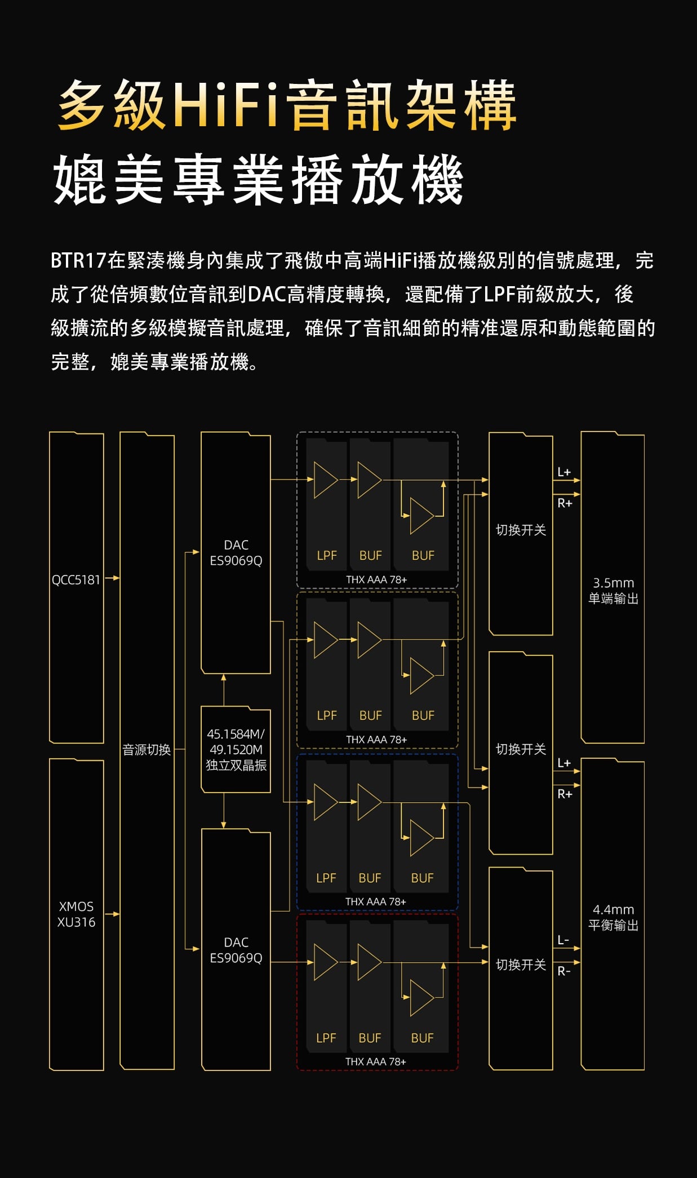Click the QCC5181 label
tap(76, 580)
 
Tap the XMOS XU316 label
tap(76, 914)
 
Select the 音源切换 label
tap(146, 749)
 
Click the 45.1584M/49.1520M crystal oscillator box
tap(236, 749)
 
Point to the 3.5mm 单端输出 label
tap(613, 590)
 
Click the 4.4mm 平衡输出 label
tap(613, 917)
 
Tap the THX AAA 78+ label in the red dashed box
tap(375, 1061)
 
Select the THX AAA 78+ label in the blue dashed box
tap(375, 901)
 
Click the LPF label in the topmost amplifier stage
tap(327, 555)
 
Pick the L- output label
tap(563, 940)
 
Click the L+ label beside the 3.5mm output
tap(564, 472)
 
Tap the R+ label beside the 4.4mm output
tap(565, 794)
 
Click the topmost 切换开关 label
tap(521, 530)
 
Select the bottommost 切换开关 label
tap(521, 965)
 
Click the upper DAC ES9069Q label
tap(236, 553)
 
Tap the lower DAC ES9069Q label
tap(236, 950)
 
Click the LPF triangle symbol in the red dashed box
tap(325, 962)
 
